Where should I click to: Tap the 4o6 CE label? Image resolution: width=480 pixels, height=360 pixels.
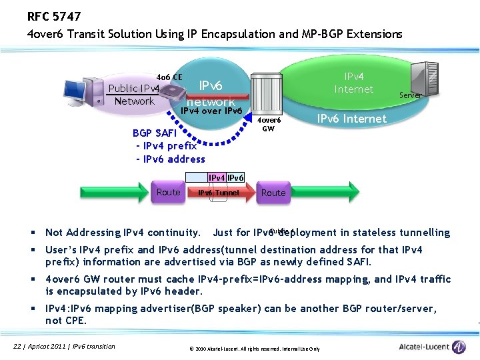click(x=169, y=77)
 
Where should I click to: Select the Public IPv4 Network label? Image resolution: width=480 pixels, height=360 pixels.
click(x=134, y=95)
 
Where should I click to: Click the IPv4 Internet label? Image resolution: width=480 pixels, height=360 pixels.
click(x=353, y=83)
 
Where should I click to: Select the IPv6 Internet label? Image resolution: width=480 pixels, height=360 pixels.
click(x=351, y=119)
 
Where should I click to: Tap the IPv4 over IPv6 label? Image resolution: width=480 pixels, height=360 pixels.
click(x=211, y=111)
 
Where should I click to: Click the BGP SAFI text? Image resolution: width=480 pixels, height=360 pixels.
click(x=158, y=133)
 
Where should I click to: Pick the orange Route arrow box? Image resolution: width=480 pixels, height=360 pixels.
click(x=169, y=192)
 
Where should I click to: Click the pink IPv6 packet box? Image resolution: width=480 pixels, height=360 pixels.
click(x=235, y=177)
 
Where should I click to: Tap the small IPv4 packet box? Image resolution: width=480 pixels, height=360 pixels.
click(x=216, y=177)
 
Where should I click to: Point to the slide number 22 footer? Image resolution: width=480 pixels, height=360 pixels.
click(x=65, y=345)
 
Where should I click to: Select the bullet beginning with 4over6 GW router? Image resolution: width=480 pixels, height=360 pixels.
click(x=247, y=285)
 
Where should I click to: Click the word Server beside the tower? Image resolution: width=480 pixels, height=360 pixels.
click(x=410, y=95)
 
